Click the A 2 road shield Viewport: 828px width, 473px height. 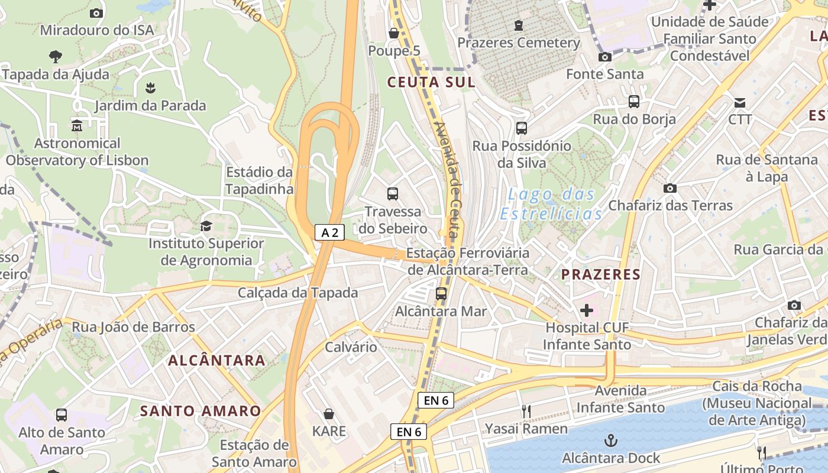click(329, 233)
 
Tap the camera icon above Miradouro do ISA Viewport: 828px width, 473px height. click(96, 13)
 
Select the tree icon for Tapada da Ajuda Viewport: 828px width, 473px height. click(56, 57)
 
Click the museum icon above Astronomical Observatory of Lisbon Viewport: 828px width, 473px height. click(77, 126)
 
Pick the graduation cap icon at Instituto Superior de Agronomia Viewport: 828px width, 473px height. click(206, 226)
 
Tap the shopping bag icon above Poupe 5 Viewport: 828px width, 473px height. click(394, 33)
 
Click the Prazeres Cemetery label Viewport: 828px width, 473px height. click(519, 43)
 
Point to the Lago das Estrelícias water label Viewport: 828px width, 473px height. click(551, 204)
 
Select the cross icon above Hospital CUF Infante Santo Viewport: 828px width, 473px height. click(587, 310)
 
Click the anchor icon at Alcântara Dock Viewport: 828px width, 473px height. click(610, 440)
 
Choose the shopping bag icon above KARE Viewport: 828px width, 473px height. click(329, 414)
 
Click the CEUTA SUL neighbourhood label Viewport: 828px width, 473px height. click(431, 82)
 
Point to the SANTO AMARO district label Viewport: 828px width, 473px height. click(200, 411)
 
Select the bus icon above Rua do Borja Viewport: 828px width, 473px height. click(634, 102)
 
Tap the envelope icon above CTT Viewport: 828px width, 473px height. click(740, 102)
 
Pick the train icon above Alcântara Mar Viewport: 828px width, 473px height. click(441, 293)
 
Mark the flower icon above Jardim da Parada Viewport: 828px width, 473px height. click(150, 89)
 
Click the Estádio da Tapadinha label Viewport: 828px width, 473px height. click(260, 180)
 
